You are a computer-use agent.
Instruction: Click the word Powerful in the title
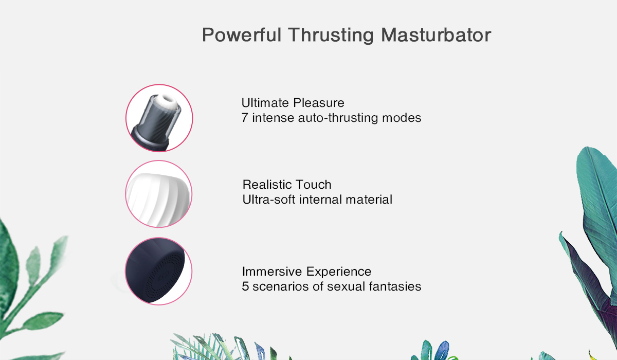coord(242,35)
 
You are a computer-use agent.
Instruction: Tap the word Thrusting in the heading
coord(331,35)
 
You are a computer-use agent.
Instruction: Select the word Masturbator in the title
coord(436,35)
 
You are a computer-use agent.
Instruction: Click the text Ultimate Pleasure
coord(293,103)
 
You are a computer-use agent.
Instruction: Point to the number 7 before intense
coord(245,118)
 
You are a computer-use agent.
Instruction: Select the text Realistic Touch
coord(287,185)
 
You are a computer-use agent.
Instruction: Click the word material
coord(369,200)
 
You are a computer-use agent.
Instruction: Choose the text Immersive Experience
coord(306,272)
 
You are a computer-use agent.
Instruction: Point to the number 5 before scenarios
coord(245,286)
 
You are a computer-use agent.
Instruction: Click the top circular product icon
coord(159,118)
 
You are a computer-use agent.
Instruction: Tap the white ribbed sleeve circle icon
coord(159,194)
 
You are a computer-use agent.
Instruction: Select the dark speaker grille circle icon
coord(159,272)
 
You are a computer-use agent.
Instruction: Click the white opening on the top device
coord(168,100)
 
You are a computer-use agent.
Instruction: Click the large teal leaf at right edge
coord(597,199)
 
